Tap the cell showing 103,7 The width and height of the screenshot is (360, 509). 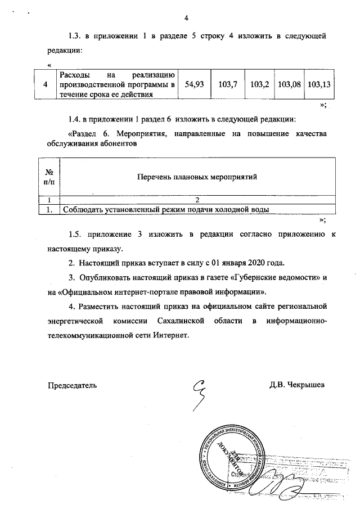point(228,84)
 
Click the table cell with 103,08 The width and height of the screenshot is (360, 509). point(289,84)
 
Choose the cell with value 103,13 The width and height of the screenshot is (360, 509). point(318,84)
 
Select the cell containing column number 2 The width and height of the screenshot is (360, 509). point(197,200)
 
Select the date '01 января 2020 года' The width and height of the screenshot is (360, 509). point(250,263)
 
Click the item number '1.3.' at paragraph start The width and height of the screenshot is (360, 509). point(75,36)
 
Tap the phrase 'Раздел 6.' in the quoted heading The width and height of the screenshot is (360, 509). point(91,134)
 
